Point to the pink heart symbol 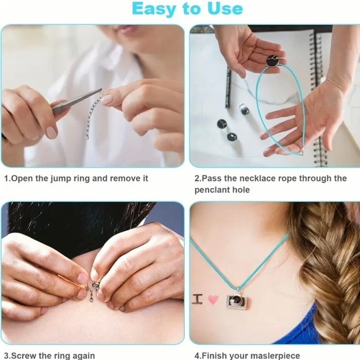(213, 299)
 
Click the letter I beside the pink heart (197, 299)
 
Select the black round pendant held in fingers (271, 60)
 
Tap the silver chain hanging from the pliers (92, 118)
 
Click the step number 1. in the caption (7, 178)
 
